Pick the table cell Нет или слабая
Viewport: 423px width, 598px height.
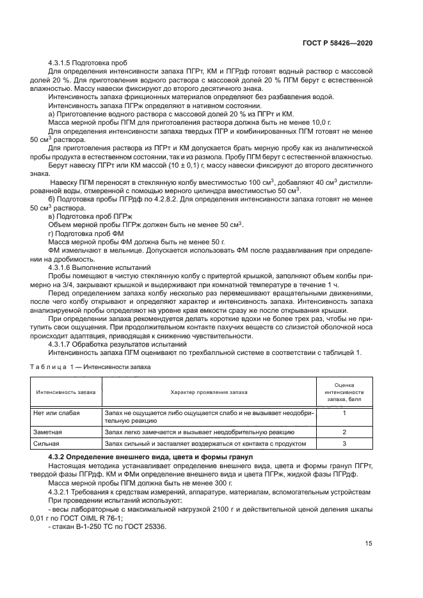click(x=56, y=414)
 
